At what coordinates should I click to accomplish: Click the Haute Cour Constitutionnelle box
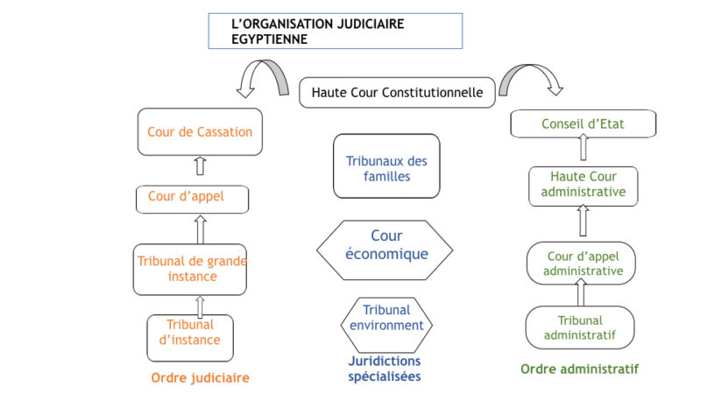tap(397, 93)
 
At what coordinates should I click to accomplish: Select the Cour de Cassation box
tap(200, 132)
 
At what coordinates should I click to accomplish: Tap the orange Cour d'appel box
tap(192, 200)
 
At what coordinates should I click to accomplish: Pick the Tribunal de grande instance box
tap(190, 270)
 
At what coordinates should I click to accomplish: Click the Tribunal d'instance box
tap(190, 338)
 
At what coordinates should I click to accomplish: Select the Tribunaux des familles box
tap(386, 165)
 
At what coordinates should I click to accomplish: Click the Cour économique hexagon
tap(385, 250)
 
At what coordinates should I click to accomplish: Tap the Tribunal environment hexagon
tap(386, 325)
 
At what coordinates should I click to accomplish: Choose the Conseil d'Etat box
tap(584, 123)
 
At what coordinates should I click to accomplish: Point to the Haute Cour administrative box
tap(584, 186)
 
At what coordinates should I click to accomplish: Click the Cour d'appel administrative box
tap(581, 264)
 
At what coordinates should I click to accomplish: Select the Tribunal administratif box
tap(580, 327)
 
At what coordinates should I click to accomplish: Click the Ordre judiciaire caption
tap(201, 378)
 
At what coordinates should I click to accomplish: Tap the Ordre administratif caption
tap(580, 369)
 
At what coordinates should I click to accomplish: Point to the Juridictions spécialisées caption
tap(385, 369)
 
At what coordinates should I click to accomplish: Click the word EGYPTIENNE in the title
tap(270, 39)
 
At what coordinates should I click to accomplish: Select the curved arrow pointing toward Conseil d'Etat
tap(528, 68)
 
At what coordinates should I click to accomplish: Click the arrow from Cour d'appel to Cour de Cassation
tap(201, 165)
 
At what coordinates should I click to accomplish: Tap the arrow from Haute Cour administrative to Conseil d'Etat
tap(584, 147)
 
